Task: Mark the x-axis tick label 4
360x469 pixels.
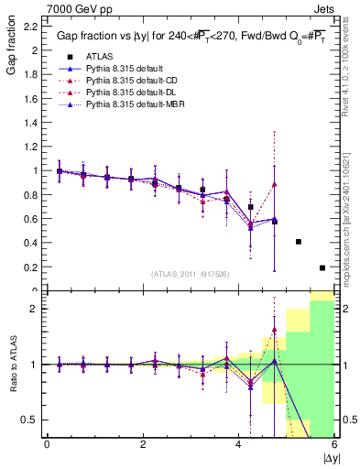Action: coord(239,444)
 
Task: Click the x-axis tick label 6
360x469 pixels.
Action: coord(334,444)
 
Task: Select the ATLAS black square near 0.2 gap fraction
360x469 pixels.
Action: coord(322,267)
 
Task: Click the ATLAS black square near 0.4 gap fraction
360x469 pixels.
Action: coord(299,242)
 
